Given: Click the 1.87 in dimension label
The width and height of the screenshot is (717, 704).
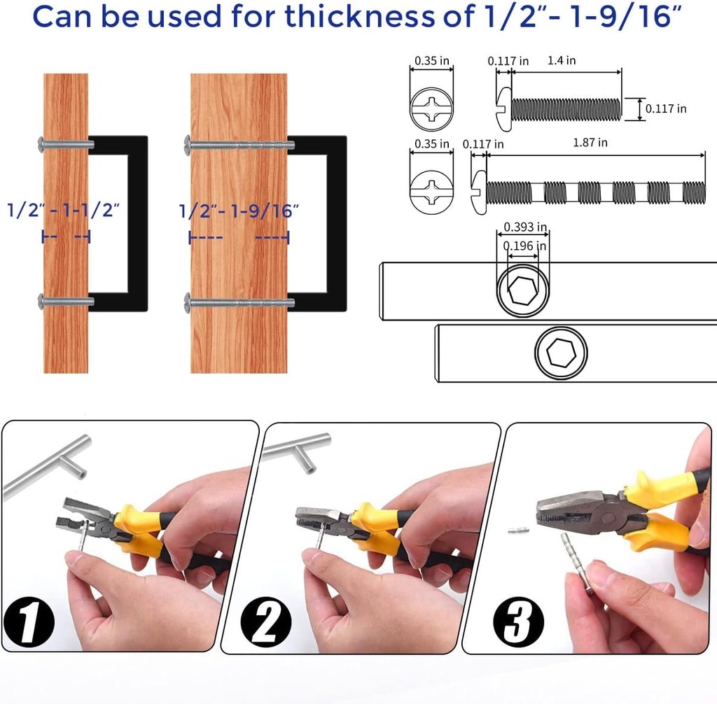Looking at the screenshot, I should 590,142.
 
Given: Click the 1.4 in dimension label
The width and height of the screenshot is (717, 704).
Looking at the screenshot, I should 561,61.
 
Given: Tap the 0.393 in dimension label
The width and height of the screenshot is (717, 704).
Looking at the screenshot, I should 525,227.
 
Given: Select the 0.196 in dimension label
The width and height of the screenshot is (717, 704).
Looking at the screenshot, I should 525,246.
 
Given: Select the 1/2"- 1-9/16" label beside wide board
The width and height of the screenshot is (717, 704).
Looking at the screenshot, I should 239,210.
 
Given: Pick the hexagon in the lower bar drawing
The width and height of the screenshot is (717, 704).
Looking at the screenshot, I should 561,354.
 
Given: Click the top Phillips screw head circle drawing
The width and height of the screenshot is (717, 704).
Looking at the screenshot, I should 431,109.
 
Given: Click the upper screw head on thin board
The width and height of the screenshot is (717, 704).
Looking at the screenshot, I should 44,144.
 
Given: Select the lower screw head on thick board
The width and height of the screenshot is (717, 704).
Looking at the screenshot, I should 189,303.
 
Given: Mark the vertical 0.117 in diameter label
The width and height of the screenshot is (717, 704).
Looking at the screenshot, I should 665,108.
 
